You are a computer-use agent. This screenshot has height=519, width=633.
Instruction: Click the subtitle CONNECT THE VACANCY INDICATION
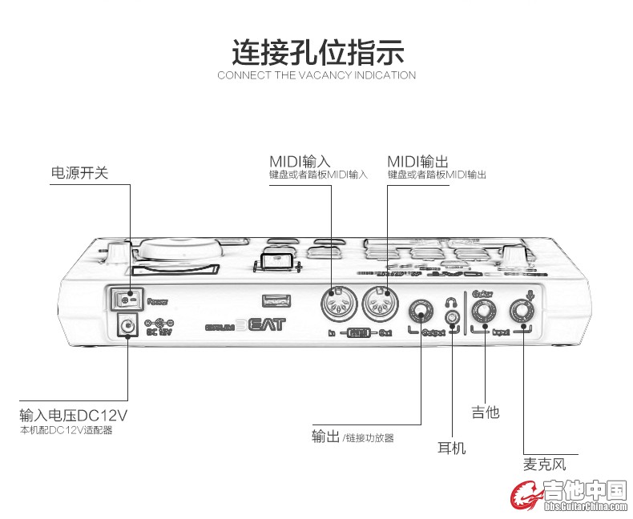coord(316,75)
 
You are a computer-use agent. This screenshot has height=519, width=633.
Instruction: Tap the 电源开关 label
coord(79,172)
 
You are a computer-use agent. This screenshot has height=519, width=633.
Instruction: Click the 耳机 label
coord(451,448)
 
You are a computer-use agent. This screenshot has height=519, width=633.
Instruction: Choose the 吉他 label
coord(485,412)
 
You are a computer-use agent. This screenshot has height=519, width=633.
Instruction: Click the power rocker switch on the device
coord(125,300)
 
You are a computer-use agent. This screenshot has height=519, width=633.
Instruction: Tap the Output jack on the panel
coord(421,312)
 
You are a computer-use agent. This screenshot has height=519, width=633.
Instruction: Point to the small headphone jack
coord(454,318)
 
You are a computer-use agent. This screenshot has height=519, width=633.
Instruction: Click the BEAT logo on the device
coord(262,326)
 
